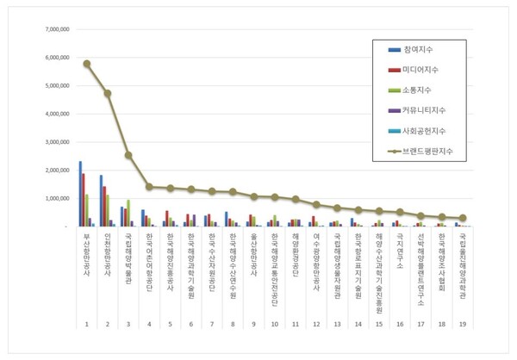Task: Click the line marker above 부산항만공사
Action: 87,64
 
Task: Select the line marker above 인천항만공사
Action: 108,93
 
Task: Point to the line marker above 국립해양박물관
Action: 128,155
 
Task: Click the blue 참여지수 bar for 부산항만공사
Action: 80,194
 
